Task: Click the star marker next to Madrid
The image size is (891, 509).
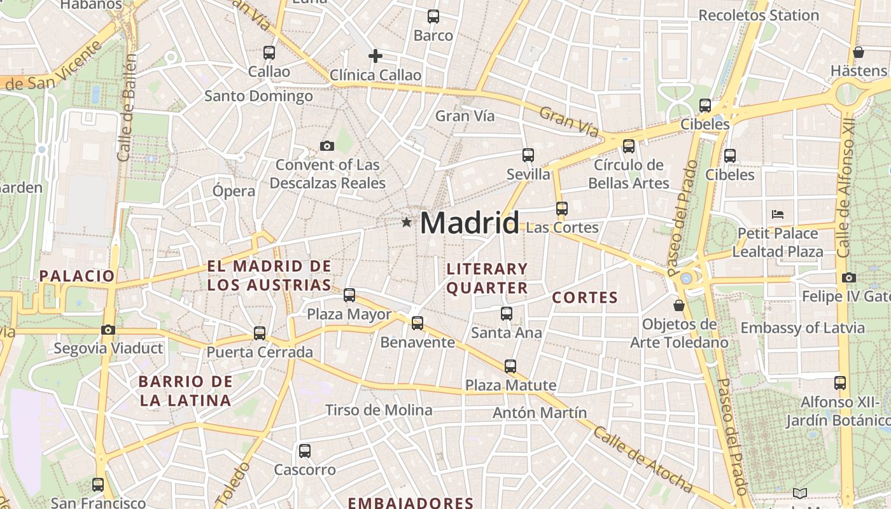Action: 406,222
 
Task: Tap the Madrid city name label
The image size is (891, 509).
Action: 469,223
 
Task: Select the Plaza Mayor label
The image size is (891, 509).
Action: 349,314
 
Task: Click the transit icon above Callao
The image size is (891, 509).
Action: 269,53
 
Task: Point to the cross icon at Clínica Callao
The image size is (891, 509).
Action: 375,56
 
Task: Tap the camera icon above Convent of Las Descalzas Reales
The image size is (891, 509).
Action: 327,146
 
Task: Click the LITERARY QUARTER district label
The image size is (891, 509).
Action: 487,278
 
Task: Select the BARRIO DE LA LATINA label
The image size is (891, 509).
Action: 185,391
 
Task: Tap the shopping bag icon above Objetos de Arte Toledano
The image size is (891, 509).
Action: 679,305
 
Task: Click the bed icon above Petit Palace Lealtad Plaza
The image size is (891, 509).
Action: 777,214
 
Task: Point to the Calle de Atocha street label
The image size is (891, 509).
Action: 642,459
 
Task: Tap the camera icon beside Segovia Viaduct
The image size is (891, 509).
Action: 108,330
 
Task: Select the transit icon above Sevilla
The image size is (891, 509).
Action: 528,155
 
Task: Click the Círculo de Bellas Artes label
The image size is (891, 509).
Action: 628,174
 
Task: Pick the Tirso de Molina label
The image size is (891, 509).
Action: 379,410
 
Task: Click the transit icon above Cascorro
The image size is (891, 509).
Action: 305,451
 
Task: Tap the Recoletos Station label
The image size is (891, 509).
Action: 759,15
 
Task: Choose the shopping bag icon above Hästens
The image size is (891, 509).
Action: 858,52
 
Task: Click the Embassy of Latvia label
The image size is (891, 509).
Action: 803,328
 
